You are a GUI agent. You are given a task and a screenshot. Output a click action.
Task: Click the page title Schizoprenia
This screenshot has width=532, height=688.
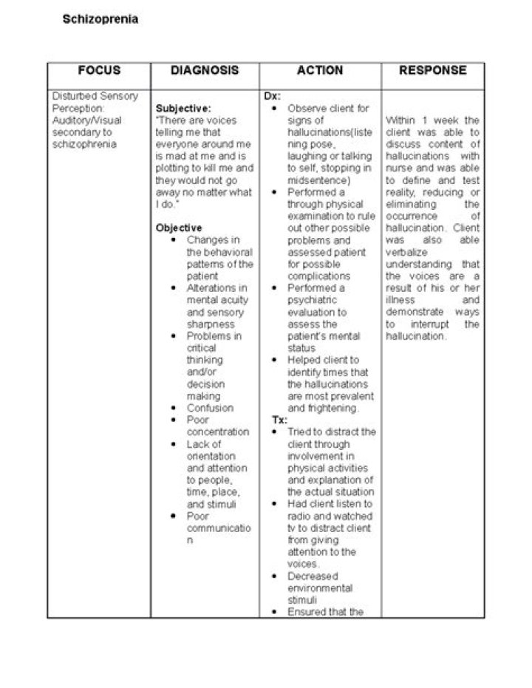(x=100, y=19)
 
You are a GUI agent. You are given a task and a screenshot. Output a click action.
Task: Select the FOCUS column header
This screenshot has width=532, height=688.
(x=99, y=71)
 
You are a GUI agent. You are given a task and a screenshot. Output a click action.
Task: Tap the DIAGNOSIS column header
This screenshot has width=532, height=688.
(x=205, y=71)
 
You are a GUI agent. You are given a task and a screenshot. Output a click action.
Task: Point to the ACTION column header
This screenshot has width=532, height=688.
(x=320, y=71)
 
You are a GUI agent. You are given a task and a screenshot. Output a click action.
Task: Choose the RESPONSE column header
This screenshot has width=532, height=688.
(x=433, y=71)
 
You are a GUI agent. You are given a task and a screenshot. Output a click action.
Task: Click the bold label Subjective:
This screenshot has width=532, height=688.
(x=183, y=108)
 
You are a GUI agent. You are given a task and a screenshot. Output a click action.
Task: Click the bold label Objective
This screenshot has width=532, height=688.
(x=179, y=228)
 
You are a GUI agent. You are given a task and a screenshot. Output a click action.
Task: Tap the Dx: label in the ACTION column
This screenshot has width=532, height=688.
(x=272, y=96)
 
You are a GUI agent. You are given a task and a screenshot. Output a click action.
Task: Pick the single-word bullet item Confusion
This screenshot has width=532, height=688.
(x=210, y=408)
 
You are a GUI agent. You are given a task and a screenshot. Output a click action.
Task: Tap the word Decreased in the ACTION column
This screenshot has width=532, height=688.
(x=313, y=576)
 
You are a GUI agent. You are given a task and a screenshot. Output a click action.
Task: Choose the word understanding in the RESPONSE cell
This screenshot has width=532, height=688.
(x=419, y=264)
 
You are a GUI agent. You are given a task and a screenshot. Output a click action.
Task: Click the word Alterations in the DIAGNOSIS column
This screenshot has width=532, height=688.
(x=212, y=288)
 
